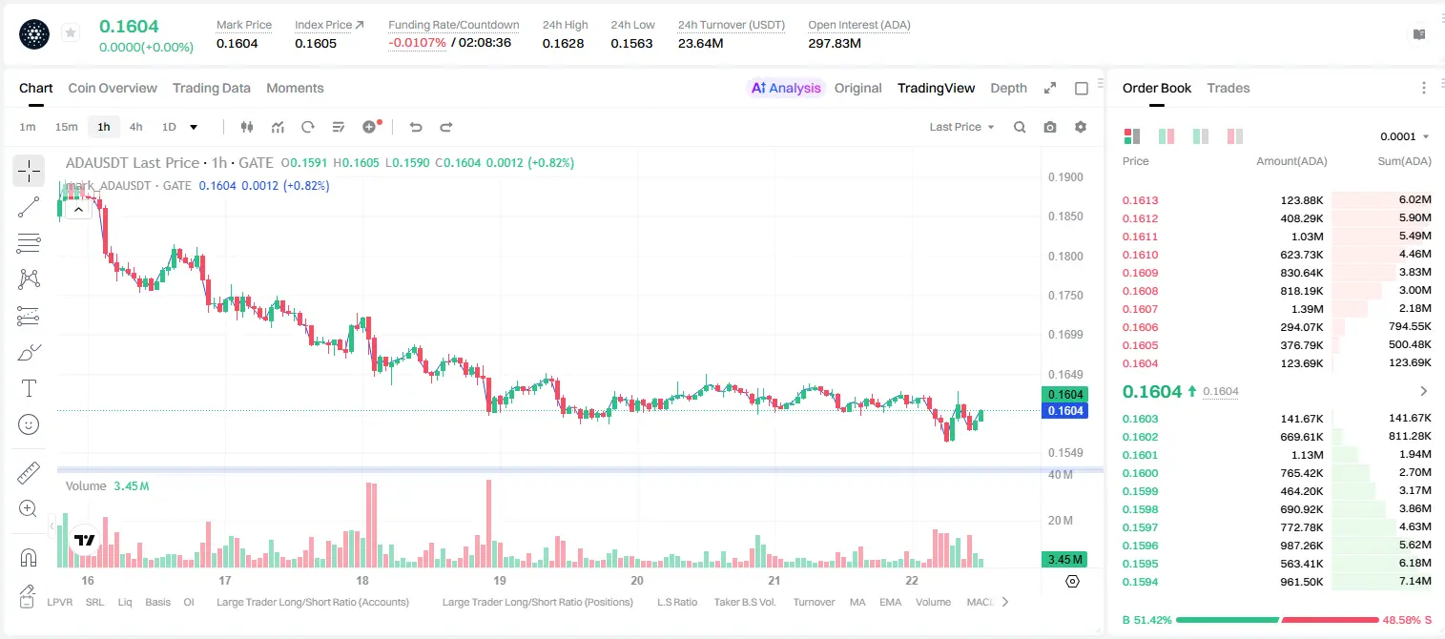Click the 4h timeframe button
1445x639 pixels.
coord(135,127)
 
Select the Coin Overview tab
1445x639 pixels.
coord(113,88)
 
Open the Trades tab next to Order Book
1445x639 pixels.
coord(1228,88)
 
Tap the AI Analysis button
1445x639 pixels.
coord(786,88)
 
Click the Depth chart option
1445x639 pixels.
coord(1008,88)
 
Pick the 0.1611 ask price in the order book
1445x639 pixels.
coord(1140,237)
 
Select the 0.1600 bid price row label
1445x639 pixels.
coord(1140,473)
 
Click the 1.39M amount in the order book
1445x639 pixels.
coord(1307,309)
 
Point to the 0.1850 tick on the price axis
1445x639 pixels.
coord(1065,216)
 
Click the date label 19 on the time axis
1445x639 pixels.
coord(499,580)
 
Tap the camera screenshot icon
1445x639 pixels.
coord(1050,127)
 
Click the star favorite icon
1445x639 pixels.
coord(71,32)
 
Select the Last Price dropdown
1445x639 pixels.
coord(961,127)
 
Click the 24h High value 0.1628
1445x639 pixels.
coord(563,43)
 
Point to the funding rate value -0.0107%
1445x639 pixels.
coord(417,43)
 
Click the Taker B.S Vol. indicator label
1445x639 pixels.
coord(744,602)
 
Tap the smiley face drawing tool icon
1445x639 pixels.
coord(29,424)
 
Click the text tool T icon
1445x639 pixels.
coord(29,388)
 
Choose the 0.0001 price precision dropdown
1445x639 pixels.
coord(1402,136)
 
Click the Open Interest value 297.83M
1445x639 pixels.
coord(835,43)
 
